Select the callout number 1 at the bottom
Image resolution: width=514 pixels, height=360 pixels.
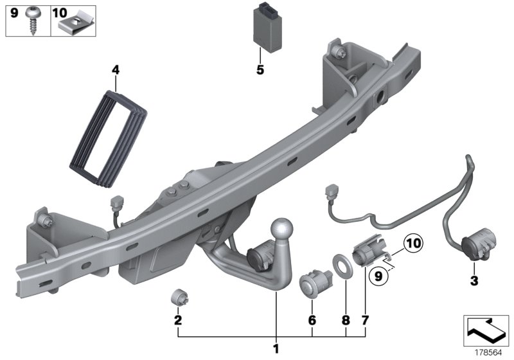pos(277,349)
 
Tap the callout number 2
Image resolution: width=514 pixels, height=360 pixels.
pos(179,320)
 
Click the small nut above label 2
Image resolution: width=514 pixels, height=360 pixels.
pos(179,298)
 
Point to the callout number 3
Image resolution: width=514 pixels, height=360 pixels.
pos(474,281)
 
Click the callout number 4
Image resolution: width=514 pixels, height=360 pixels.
pos(115,67)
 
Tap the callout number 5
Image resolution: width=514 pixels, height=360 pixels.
pos(260,70)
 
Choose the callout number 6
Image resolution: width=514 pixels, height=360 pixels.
pos(312,320)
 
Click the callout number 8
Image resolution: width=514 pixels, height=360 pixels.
pos(346,320)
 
